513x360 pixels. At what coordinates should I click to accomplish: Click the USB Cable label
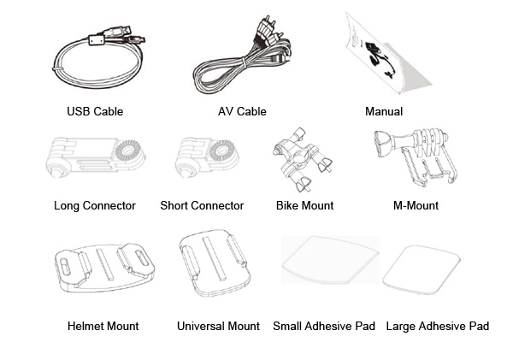pyautogui.click(x=95, y=111)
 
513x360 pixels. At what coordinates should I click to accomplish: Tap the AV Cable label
pyautogui.click(x=242, y=111)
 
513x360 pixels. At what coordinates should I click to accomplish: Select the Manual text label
pyautogui.click(x=384, y=111)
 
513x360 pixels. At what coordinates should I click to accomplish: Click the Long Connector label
pyautogui.click(x=95, y=205)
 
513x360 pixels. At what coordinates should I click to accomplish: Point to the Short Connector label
pyautogui.click(x=202, y=205)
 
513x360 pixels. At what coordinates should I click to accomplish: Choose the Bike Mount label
pyautogui.click(x=304, y=205)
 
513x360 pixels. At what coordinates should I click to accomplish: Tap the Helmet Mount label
pyautogui.click(x=103, y=326)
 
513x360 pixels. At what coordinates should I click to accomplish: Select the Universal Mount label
pyautogui.click(x=218, y=326)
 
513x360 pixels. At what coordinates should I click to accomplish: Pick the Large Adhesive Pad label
pyautogui.click(x=437, y=326)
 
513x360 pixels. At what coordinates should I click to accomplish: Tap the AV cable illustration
pyautogui.click(x=244, y=60)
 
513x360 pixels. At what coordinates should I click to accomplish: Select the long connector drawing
pyautogui.click(x=94, y=158)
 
